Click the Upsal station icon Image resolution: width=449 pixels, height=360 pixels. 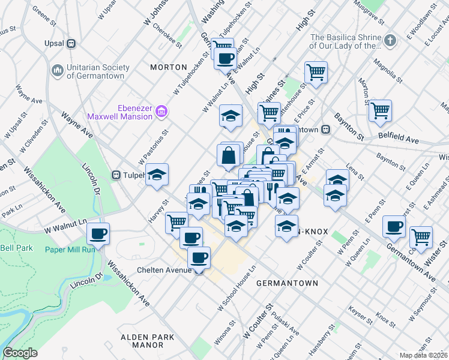pos(71,43)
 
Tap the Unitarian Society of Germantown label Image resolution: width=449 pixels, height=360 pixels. pos(95,71)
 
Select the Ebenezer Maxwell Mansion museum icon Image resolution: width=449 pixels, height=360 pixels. pos(161,111)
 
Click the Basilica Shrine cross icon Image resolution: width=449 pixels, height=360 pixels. pos(390,41)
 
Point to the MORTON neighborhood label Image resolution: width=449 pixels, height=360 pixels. pos(165,67)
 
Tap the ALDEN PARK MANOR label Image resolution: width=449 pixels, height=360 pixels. pos(142,341)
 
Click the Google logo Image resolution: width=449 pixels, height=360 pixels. pos(20,353)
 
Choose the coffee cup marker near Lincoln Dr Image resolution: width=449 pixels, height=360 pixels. pos(98,233)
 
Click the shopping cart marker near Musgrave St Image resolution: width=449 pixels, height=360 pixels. pos(316,73)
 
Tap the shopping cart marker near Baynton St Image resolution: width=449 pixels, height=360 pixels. pos(380,111)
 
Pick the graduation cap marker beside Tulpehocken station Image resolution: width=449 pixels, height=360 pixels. pos(157,175)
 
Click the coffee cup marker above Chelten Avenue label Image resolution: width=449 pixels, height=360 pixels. pos(199,258)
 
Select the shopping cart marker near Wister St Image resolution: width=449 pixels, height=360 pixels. pos(421,236)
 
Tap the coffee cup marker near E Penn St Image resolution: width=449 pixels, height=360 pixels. pos(394,226)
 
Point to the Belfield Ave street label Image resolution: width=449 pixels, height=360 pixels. pos(399,138)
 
